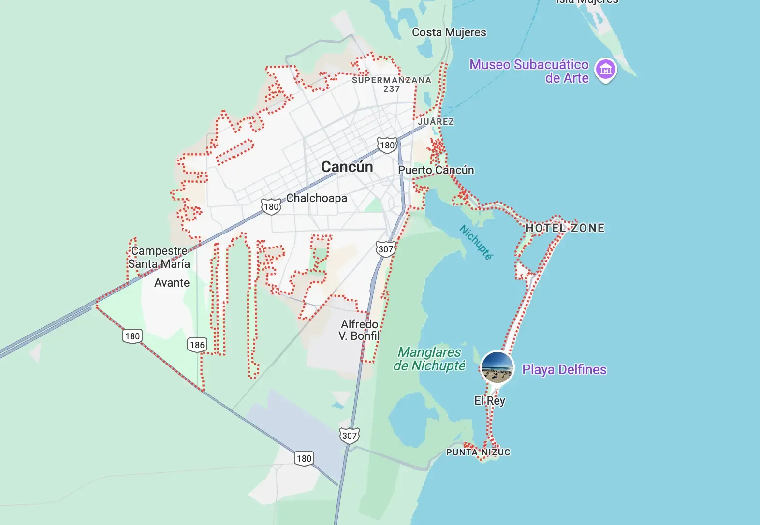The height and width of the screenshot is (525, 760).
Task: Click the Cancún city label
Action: pos(347,167)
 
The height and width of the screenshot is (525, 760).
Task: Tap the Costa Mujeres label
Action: pos(449,32)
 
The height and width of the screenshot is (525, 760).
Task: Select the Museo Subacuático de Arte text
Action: pos(529,71)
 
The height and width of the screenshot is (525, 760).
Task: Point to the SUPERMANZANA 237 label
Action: pos(391,84)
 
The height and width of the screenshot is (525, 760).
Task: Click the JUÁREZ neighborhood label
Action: pos(436,122)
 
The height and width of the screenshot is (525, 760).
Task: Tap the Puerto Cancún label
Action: pos(436,170)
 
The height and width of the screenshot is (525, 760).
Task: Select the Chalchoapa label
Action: pos(317,198)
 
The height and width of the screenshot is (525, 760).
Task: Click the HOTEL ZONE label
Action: pos(565,228)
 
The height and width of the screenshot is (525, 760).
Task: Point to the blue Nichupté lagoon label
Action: pos(476,242)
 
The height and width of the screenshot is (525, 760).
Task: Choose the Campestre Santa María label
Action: pos(159,257)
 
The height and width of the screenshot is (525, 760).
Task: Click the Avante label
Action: pos(172,283)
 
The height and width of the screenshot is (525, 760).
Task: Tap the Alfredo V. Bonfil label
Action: pos(359,330)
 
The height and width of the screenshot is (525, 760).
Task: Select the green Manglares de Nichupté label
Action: pos(429,359)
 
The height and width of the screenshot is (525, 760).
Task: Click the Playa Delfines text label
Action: pos(564,370)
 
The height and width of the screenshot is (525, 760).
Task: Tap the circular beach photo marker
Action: pos(497,367)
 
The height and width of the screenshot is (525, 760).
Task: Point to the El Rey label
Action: pos(489,401)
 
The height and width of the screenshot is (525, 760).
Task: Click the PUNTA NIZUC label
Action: pos(478,452)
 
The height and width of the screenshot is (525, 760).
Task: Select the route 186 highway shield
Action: pos(197,345)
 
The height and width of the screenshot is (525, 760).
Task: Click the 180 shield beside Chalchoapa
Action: pos(271,207)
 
